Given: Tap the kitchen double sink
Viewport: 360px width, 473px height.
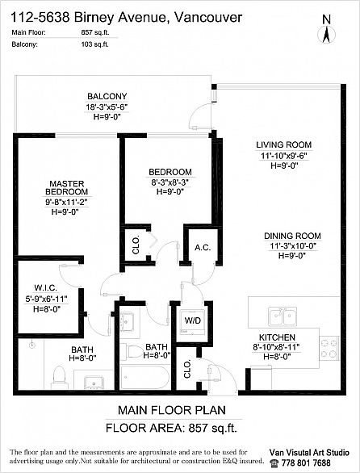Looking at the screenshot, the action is click(x=283, y=316).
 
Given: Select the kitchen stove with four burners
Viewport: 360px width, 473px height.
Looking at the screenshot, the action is click(x=329, y=348).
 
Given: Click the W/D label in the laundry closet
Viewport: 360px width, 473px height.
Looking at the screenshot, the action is click(x=193, y=320).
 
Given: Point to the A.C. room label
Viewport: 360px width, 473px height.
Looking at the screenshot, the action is click(x=203, y=248).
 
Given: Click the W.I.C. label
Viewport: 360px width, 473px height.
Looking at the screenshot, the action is click(x=45, y=288).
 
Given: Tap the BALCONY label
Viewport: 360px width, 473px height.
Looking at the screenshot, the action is click(x=107, y=97).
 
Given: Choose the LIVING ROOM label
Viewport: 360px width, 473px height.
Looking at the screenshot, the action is click(x=283, y=144).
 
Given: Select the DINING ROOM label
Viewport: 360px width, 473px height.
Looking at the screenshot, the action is click(x=292, y=236).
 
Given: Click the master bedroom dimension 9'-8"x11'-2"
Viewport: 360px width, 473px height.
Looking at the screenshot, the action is click(x=65, y=202).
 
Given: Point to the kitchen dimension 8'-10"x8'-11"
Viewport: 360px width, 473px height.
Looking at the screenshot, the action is click(x=276, y=347).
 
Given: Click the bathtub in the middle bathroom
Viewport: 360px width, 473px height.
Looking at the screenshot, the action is click(x=144, y=377).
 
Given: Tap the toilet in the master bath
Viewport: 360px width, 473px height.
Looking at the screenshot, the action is click(x=59, y=377).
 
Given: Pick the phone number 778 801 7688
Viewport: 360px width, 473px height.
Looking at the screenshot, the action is click(x=306, y=463).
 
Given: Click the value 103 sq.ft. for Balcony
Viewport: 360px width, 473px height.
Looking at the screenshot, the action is click(x=94, y=44).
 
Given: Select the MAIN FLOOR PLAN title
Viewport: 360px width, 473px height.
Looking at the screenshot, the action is click(x=172, y=410).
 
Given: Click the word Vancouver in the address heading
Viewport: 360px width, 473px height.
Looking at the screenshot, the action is click(x=208, y=18).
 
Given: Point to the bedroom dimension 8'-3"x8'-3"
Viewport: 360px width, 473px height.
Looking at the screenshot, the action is click(x=170, y=182).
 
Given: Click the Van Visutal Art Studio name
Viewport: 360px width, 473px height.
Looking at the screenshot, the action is click(x=309, y=452).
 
